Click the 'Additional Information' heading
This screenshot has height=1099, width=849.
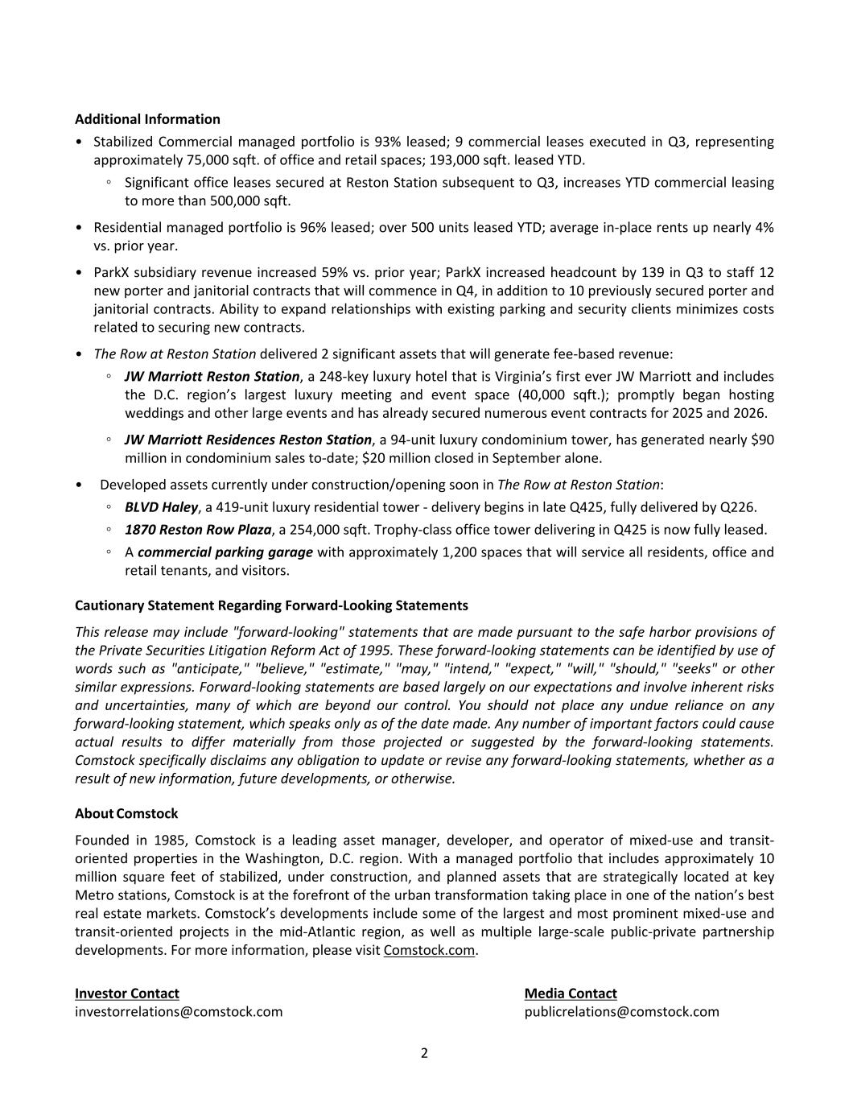[x=147, y=119]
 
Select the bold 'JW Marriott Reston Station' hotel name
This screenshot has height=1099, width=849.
[x=212, y=376]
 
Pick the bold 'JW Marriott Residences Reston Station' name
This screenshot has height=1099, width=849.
[x=248, y=440]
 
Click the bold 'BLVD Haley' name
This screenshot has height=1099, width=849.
[x=161, y=507]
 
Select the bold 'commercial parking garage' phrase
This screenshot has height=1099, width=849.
[x=225, y=552]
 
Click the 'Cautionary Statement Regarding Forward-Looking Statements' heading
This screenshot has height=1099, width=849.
[x=271, y=605]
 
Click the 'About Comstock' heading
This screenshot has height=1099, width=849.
[x=126, y=813]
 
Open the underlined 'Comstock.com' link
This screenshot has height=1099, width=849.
[x=429, y=950]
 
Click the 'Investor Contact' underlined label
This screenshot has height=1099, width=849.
[x=127, y=994]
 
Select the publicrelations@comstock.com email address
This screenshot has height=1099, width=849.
[x=621, y=1012]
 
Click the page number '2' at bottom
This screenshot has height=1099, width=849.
[x=424, y=1053]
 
